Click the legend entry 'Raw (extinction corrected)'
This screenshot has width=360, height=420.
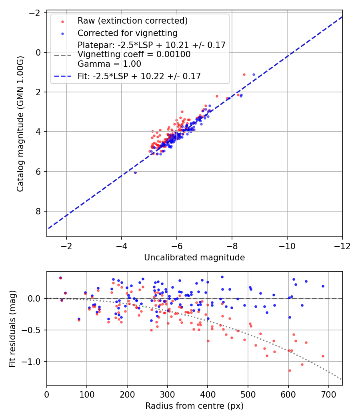132,21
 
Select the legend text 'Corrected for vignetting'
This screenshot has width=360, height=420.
128,33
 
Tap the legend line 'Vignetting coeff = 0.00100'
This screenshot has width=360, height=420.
134,54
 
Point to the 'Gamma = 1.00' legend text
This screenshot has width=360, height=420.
109,64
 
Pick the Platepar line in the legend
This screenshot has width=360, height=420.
152,45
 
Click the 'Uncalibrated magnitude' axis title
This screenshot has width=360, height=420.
194,258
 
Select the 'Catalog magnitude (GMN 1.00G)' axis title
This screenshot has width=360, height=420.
20,124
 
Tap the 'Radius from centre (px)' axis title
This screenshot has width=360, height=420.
194,406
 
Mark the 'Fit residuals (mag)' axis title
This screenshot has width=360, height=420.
12,329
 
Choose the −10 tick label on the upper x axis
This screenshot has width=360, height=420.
287,246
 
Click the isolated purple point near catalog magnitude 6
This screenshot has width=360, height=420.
135,173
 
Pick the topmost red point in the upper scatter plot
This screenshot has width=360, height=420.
244,75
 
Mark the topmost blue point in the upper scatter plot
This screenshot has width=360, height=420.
254,74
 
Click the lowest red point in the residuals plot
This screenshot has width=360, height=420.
290,371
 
